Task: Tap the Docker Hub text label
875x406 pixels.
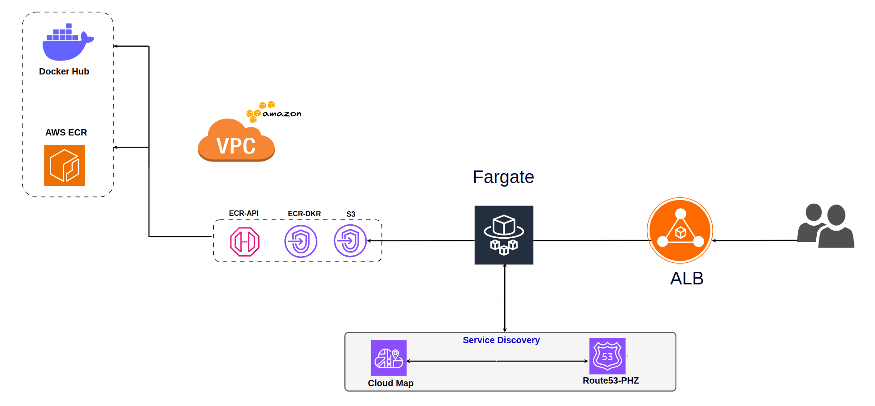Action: pos(64,72)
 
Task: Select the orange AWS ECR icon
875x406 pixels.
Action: pos(65,165)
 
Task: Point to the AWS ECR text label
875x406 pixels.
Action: pos(66,133)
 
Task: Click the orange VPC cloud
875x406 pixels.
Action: pos(236,142)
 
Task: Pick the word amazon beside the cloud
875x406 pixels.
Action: pos(282,114)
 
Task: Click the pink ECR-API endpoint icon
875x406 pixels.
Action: pos(245,242)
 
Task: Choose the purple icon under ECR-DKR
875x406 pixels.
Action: pos(301,241)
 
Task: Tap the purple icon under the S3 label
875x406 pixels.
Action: pos(350,241)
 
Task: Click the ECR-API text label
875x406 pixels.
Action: pos(243,214)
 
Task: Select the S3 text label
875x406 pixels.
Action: pos(351,214)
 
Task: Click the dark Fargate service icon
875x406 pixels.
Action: pos(504,235)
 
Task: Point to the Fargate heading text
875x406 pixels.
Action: pos(503,177)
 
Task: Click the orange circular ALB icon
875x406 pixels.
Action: pos(680,231)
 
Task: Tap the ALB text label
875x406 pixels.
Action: pos(687,279)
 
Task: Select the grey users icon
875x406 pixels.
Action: pos(826,226)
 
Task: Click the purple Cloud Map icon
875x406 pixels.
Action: pos(389,358)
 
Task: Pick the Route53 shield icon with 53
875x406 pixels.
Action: pos(607,356)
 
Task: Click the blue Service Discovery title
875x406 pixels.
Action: pos(501,341)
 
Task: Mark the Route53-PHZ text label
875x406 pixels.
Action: pos(611,381)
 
